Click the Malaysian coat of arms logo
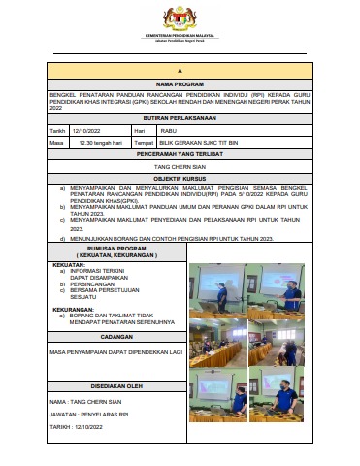[x=180, y=17]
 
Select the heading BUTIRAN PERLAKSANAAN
[x=180, y=117]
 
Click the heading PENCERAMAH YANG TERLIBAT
[x=180, y=154]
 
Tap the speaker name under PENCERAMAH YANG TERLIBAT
[x=180, y=167]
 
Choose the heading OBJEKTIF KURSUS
[x=180, y=180]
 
